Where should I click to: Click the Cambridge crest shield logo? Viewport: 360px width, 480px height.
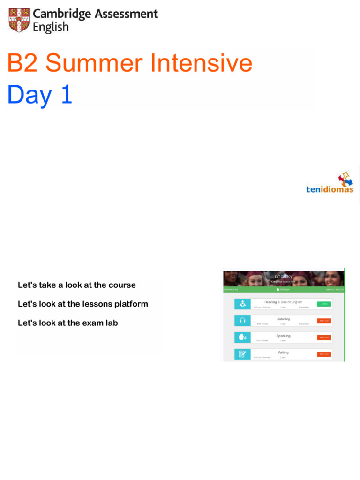tap(19, 21)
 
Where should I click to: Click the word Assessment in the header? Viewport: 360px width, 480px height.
tap(127, 14)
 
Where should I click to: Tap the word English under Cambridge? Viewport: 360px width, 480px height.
tap(51, 28)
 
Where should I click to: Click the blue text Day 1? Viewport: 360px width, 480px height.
tap(40, 95)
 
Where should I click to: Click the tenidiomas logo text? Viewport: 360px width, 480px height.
tap(330, 190)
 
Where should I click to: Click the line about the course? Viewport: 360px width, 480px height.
tap(76, 285)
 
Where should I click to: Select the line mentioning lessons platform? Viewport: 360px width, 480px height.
tap(82, 304)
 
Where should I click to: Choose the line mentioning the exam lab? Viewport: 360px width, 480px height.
tap(67, 322)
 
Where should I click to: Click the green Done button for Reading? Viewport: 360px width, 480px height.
tap(324, 304)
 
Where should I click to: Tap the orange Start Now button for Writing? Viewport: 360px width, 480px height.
tap(324, 354)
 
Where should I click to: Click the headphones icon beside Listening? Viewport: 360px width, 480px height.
tap(242, 321)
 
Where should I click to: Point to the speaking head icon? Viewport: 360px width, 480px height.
tap(242, 337)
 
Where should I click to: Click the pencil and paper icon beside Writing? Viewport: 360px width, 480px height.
tap(242, 354)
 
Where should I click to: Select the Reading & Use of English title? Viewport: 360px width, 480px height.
tap(283, 302)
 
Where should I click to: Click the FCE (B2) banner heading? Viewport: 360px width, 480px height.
tap(283, 277)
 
